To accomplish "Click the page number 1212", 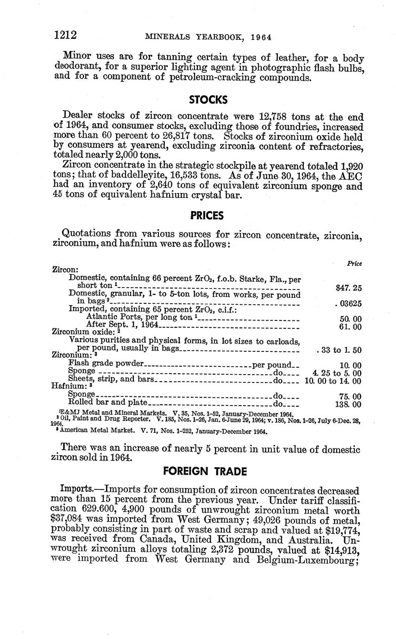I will (x=65, y=35).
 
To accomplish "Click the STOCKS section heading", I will (x=208, y=100).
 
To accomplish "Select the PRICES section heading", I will (x=207, y=215).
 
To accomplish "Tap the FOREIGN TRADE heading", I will (x=205, y=471).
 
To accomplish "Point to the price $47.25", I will (x=348, y=288).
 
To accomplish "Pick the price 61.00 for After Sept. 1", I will (x=350, y=327).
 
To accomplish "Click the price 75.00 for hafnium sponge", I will (x=350, y=396).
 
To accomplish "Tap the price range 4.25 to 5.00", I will (x=337, y=373).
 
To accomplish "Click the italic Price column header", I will (x=354, y=263).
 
